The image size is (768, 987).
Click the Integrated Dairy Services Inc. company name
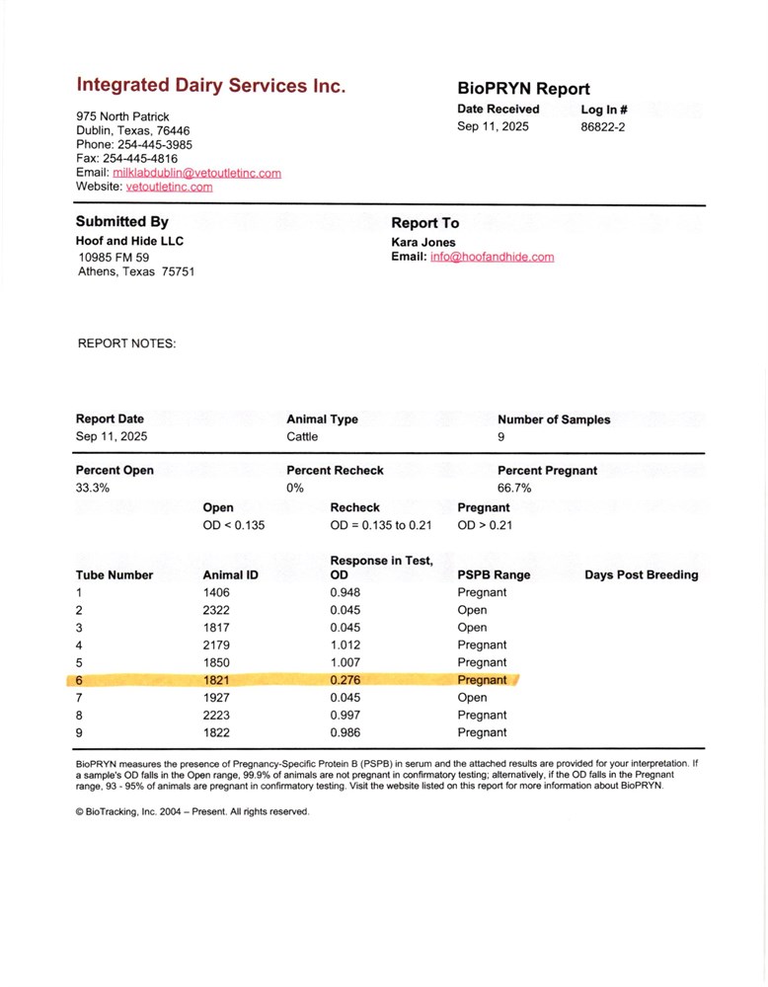pyautogui.click(x=210, y=86)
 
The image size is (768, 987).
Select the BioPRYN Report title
pyautogui.click(x=523, y=89)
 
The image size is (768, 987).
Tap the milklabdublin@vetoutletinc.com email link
pyautogui.click(x=196, y=173)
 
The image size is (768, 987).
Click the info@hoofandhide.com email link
pyautogui.click(x=492, y=257)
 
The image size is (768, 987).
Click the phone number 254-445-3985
pyautogui.click(x=155, y=144)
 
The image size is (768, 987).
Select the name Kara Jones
pyautogui.click(x=423, y=241)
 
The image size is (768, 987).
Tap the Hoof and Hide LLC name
pyautogui.click(x=129, y=241)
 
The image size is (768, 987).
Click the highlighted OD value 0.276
pyautogui.click(x=346, y=680)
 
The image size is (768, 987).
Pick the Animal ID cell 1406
pyautogui.click(x=216, y=592)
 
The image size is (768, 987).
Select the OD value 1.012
pyautogui.click(x=346, y=645)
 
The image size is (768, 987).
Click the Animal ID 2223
pyautogui.click(x=216, y=715)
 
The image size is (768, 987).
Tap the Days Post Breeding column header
pyautogui.click(x=641, y=574)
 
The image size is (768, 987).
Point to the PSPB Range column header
pyautogui.click(x=494, y=574)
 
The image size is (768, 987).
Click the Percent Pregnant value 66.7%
pyautogui.click(x=515, y=488)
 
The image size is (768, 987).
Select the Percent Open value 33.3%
pyautogui.click(x=93, y=488)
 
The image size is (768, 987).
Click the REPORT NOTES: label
pyautogui.click(x=126, y=344)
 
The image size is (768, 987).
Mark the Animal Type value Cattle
pyautogui.click(x=302, y=435)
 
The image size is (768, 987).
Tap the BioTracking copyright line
pyautogui.click(x=192, y=811)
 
